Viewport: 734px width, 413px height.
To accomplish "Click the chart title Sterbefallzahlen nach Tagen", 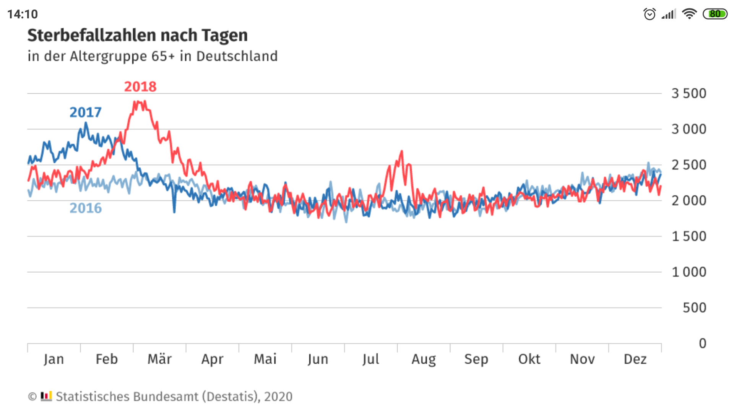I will pyautogui.click(x=138, y=35).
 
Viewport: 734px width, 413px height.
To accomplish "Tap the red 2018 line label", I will pyautogui.click(x=140, y=87).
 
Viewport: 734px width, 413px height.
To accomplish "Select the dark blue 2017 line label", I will pyautogui.click(x=85, y=112).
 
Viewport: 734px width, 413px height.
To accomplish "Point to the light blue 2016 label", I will pyautogui.click(x=86, y=208).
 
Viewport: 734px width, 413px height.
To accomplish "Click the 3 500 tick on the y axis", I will pyautogui.click(x=689, y=93).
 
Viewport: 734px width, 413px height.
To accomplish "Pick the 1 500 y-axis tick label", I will pyautogui.click(x=689, y=236).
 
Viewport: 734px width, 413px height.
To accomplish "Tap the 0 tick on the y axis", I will pyautogui.click(x=702, y=343).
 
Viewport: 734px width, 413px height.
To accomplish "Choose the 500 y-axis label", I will pyautogui.click(x=694, y=308).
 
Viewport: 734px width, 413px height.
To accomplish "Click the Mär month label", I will pyautogui.click(x=159, y=359).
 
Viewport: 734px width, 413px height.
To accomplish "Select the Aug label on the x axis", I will pyautogui.click(x=424, y=359).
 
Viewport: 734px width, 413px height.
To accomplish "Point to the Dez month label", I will pyautogui.click(x=635, y=359).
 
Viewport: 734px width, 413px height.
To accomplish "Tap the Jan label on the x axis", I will pyautogui.click(x=54, y=359).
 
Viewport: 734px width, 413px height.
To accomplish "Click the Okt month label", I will pyautogui.click(x=529, y=359).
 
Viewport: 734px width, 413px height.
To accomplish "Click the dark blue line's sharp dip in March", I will pyautogui.click(x=174, y=211).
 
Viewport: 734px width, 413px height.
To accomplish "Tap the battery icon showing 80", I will pyautogui.click(x=715, y=14).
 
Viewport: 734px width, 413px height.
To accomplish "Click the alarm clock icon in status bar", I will pyautogui.click(x=650, y=14).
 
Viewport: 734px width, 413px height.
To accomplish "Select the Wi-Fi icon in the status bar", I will pyautogui.click(x=689, y=14).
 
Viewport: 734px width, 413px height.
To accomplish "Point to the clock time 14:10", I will pyautogui.click(x=23, y=14).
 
